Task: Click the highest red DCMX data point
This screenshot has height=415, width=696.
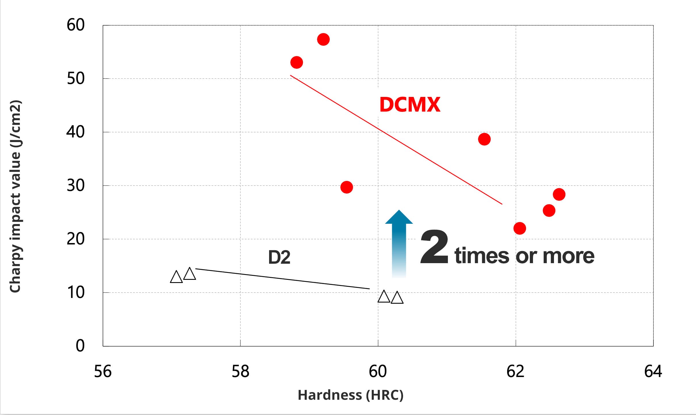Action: click(323, 39)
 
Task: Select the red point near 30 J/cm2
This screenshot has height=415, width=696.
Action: click(346, 187)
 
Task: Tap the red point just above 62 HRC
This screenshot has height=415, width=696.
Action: click(519, 228)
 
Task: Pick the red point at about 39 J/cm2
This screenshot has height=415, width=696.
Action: click(484, 139)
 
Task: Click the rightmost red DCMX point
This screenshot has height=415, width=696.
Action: click(559, 194)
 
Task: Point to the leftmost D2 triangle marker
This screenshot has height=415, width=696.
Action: click(176, 277)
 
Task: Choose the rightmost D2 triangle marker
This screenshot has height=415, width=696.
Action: click(397, 298)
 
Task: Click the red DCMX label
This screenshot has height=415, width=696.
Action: click(410, 104)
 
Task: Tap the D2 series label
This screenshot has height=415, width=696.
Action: click(279, 257)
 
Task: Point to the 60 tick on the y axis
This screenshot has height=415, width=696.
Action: click(76, 25)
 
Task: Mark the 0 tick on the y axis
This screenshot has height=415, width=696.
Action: click(80, 346)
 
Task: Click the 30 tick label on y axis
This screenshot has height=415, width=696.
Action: click(76, 185)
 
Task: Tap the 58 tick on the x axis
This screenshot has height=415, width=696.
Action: click(240, 372)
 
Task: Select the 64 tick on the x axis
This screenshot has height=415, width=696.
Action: click(653, 372)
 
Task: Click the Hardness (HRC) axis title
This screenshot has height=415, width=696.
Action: click(350, 395)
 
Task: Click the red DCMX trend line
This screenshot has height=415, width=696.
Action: click(396, 140)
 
